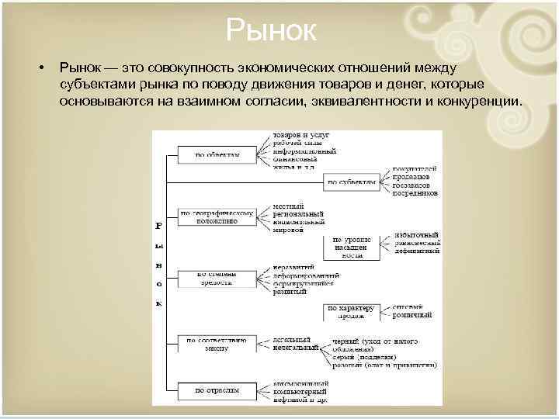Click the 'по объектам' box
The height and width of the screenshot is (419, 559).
217,154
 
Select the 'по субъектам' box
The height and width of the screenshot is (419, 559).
351,182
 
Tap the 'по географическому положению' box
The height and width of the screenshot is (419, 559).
217,216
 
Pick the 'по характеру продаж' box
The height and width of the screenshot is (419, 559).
351,312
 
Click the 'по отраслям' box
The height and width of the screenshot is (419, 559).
217,390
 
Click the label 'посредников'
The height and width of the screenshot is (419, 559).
416,192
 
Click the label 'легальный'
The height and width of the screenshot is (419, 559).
292,340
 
